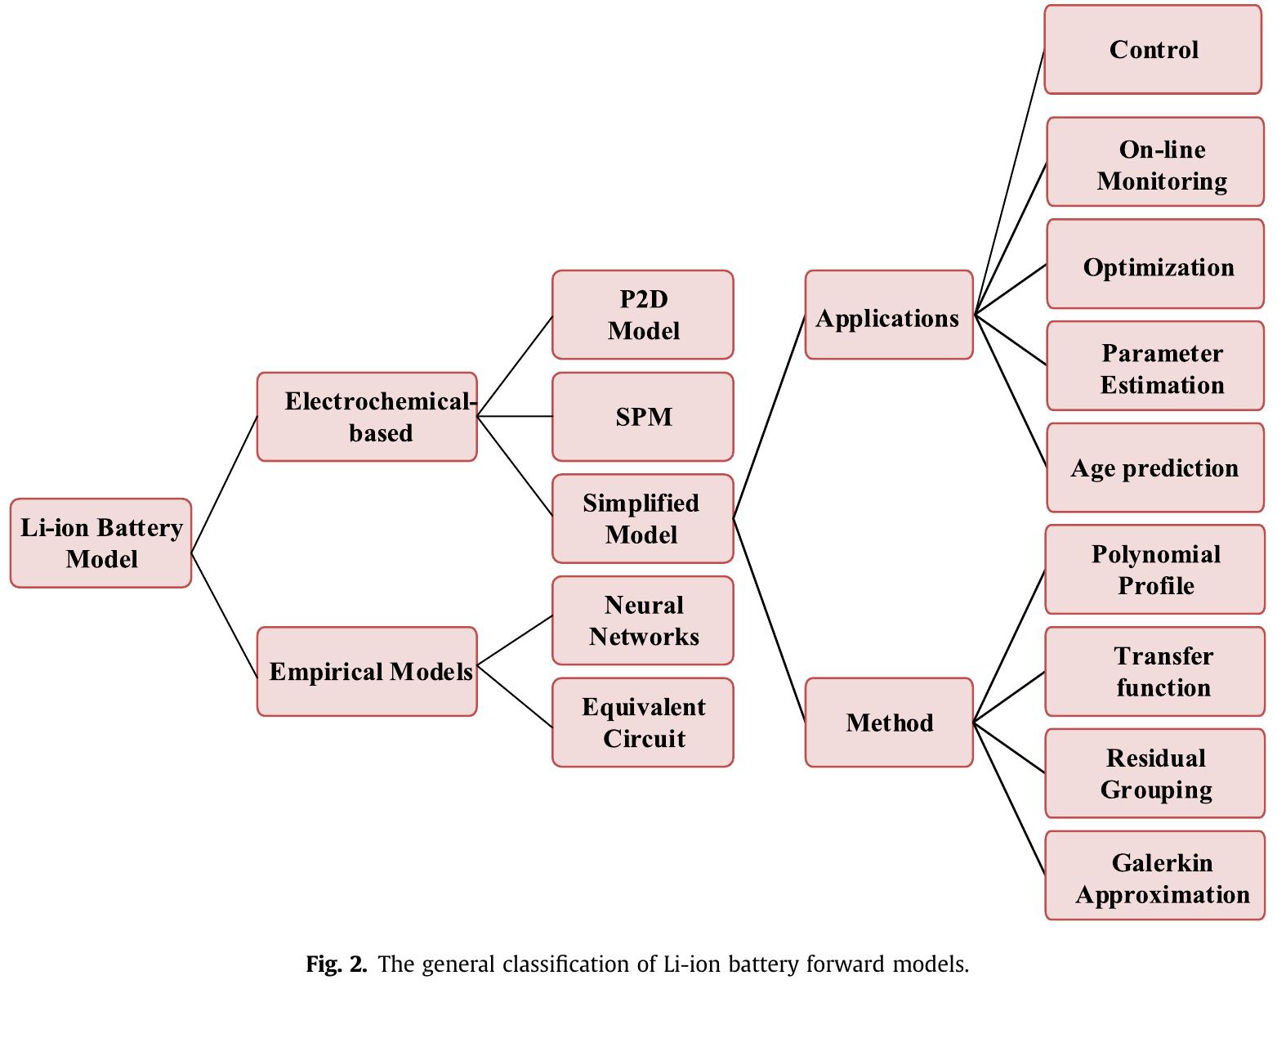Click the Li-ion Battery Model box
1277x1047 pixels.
point(100,543)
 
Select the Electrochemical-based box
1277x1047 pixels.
point(367,417)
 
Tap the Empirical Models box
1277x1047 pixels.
point(367,671)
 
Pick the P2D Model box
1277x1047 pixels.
point(642,315)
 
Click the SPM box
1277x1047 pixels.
point(642,417)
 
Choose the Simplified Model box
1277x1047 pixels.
point(642,518)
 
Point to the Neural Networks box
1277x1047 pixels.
point(642,620)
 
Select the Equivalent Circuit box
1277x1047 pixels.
point(642,722)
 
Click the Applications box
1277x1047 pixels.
point(889,315)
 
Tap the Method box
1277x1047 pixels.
point(889,722)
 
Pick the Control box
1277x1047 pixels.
point(1153,50)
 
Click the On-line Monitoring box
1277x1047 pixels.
point(1155,162)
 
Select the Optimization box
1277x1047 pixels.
point(1155,264)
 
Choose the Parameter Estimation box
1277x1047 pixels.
point(1155,366)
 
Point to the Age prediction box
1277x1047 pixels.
point(1155,468)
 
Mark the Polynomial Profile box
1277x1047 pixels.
point(1154,570)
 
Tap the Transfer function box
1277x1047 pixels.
point(1154,671)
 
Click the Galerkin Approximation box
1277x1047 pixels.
point(1154,875)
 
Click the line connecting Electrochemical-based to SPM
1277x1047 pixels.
point(515,417)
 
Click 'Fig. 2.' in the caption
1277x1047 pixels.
point(336,964)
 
